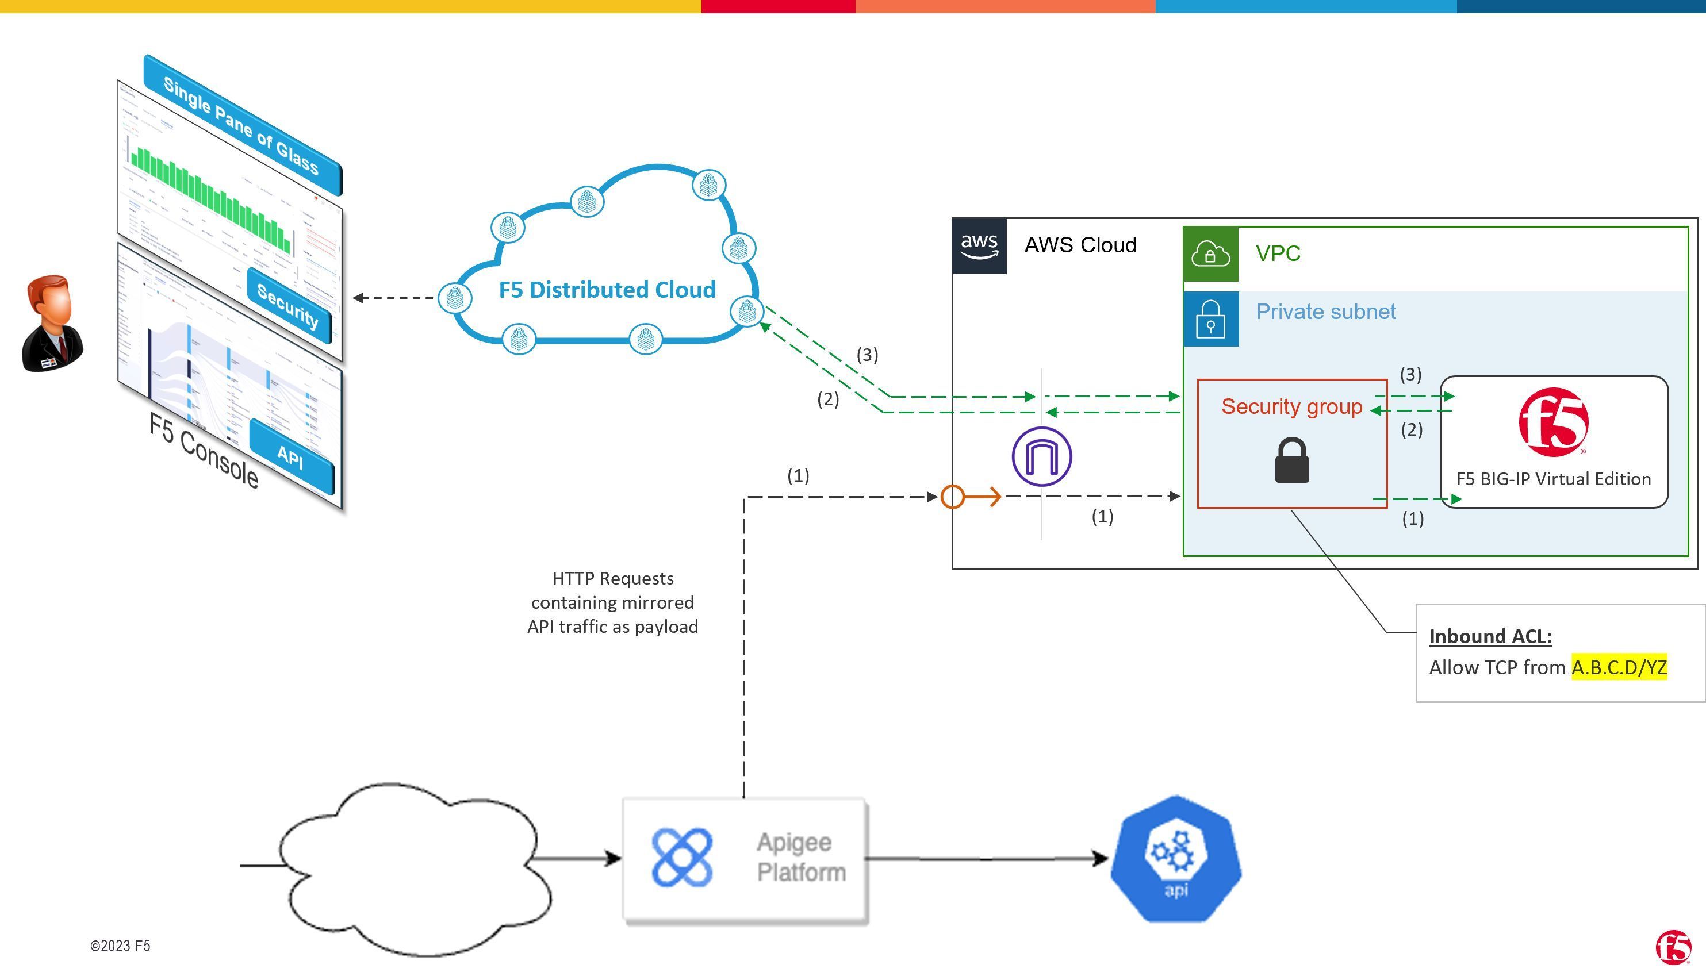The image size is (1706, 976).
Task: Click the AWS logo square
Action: tap(979, 245)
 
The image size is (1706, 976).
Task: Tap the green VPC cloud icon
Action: tap(1210, 254)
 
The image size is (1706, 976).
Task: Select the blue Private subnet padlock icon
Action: tap(1210, 318)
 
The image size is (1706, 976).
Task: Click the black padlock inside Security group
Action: tap(1292, 460)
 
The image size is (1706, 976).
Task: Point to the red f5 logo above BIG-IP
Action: tap(1553, 422)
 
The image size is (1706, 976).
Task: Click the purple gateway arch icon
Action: tap(1042, 456)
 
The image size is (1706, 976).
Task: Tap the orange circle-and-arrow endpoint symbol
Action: tap(971, 497)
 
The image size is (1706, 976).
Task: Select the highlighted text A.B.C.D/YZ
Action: tap(1619, 668)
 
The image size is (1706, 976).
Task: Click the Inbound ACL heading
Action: tap(1490, 636)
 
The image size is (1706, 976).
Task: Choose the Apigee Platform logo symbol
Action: tap(682, 858)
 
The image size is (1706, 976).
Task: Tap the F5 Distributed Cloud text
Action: tap(607, 290)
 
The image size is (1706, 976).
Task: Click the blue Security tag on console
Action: tap(288, 306)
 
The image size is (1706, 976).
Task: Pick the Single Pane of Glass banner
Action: tap(241, 125)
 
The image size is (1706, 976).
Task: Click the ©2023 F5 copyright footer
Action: tap(120, 946)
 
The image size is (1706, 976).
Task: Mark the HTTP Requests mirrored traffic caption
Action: tap(612, 602)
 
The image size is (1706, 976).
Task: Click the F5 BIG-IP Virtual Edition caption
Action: tap(1553, 479)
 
